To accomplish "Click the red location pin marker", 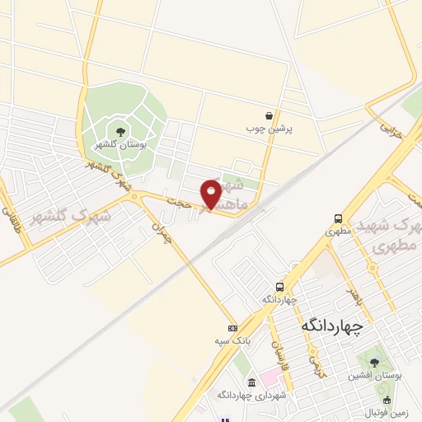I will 211,193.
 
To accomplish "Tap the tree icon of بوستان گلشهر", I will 121,131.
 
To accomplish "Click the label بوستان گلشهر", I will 121,145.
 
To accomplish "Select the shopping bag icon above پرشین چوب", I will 270,116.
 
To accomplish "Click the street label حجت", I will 178,199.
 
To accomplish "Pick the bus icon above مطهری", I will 338,218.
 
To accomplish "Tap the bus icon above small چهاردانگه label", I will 279,288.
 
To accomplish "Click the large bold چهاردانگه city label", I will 332,325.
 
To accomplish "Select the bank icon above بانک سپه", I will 233,328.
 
